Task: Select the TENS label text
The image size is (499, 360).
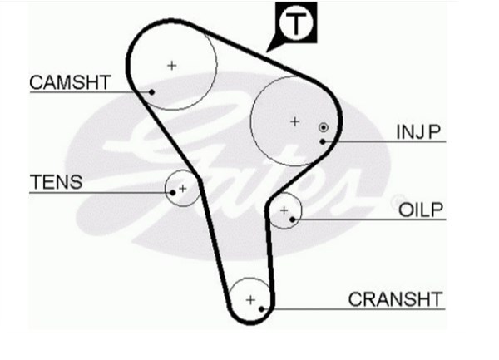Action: (x=56, y=182)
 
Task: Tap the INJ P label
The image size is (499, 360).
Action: (x=417, y=131)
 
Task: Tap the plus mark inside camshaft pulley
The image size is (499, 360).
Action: (x=172, y=64)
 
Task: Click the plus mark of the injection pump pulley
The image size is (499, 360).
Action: (x=294, y=121)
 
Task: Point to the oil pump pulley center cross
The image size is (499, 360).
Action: (x=284, y=210)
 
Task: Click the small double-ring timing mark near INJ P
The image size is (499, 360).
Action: (x=323, y=127)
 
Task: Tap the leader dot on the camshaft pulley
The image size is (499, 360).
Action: (x=152, y=91)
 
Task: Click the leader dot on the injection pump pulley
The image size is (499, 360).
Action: (x=322, y=141)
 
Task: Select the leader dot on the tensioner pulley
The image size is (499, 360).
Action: (x=172, y=192)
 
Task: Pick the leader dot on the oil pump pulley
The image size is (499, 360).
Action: (x=293, y=219)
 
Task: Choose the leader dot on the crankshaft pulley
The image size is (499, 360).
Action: (x=262, y=308)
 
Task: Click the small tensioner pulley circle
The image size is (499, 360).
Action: (x=189, y=180)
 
